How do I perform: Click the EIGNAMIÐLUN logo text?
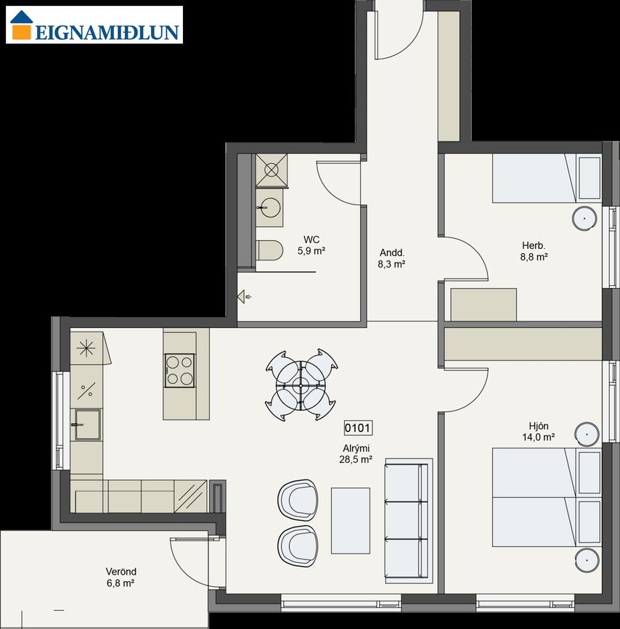[x=107, y=32]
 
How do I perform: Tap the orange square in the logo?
[x=21, y=32]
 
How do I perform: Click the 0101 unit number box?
[x=358, y=428]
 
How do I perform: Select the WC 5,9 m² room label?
[x=311, y=245]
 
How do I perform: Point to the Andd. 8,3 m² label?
[x=391, y=258]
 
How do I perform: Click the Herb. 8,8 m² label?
[x=534, y=251]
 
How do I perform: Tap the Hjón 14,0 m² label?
[x=539, y=431]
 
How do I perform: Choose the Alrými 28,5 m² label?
[x=356, y=453]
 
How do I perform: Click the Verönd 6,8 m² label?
[x=121, y=577]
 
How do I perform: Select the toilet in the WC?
[x=269, y=250]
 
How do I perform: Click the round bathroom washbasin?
[x=269, y=207]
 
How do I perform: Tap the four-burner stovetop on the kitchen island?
[x=179, y=370]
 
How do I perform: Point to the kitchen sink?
[x=86, y=424]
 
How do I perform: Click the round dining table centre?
[x=301, y=385]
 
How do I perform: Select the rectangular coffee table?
[x=350, y=521]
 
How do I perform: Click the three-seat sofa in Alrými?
[x=409, y=521]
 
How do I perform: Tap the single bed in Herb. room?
[x=547, y=178]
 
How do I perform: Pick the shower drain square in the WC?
[x=272, y=170]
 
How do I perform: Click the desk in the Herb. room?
[x=484, y=305]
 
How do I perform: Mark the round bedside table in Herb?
[x=584, y=219]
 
